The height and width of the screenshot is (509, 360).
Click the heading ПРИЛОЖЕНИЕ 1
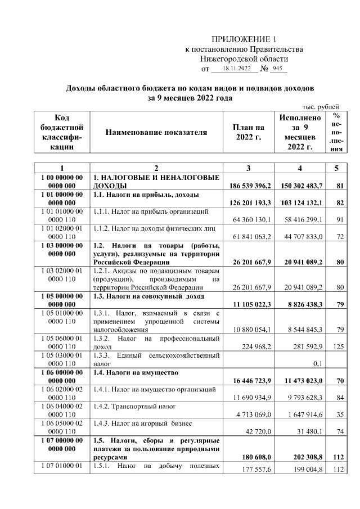tap(244, 39)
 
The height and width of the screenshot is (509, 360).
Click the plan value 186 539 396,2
tap(250, 186)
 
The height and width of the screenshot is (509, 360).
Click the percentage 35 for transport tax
tap(339, 415)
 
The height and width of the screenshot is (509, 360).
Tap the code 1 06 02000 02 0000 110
tap(62, 393)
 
